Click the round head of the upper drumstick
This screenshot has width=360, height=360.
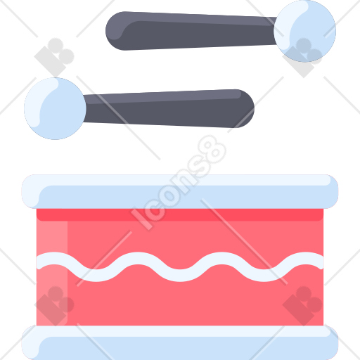click(304, 31)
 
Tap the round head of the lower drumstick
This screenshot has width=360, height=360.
click(55, 108)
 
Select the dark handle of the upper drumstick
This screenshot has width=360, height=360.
click(191, 31)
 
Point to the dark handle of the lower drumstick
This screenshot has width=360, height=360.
click(169, 108)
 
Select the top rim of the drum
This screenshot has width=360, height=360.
click(180, 191)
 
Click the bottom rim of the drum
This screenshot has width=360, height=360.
click(180, 342)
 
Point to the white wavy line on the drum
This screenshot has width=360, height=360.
click(180, 267)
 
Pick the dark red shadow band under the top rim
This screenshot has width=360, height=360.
click(180, 214)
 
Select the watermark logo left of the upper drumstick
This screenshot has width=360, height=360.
click(54, 57)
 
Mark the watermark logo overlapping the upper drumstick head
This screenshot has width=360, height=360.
click(303, 58)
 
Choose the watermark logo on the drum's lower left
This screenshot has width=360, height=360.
click(54, 305)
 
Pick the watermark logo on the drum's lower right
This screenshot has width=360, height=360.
click(303, 305)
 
